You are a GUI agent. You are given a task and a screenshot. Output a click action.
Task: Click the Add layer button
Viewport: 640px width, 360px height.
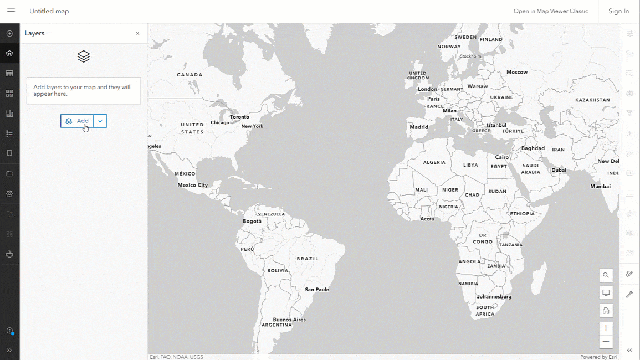(77, 121)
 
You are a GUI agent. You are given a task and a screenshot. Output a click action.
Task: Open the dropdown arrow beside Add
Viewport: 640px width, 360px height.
(100, 121)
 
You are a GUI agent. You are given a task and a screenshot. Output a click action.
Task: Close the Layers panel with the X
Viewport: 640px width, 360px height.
(137, 33)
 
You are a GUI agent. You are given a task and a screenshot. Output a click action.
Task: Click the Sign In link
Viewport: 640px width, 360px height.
(618, 11)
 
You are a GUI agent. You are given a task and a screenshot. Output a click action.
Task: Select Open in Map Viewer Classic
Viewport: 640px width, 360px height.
(550, 11)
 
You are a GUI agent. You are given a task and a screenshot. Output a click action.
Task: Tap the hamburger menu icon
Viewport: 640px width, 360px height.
(11, 11)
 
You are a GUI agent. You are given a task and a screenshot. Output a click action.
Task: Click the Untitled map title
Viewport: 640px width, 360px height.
(49, 11)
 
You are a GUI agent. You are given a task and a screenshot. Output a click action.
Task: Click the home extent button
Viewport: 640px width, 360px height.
(606, 310)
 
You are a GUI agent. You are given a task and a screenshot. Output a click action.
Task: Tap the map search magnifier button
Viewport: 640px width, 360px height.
(606, 275)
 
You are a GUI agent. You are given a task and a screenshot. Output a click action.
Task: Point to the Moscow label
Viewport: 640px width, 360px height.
(517, 73)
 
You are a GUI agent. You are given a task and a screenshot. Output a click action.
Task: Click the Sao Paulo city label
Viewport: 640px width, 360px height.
(317, 290)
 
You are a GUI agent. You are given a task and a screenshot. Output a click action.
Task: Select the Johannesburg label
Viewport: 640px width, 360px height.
(494, 297)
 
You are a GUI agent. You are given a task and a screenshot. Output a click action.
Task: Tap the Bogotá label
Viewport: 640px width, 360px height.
(252, 221)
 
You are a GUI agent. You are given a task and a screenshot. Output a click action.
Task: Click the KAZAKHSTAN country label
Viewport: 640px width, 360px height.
(592, 100)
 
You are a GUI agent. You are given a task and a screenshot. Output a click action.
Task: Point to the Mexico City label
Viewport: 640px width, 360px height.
(192, 185)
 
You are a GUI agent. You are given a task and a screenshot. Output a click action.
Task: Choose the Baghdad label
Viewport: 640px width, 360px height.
(533, 148)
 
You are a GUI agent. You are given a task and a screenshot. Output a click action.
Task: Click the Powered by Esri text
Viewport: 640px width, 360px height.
(598, 357)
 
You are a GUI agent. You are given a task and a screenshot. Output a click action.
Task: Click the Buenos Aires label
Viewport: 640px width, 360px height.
(289, 320)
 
